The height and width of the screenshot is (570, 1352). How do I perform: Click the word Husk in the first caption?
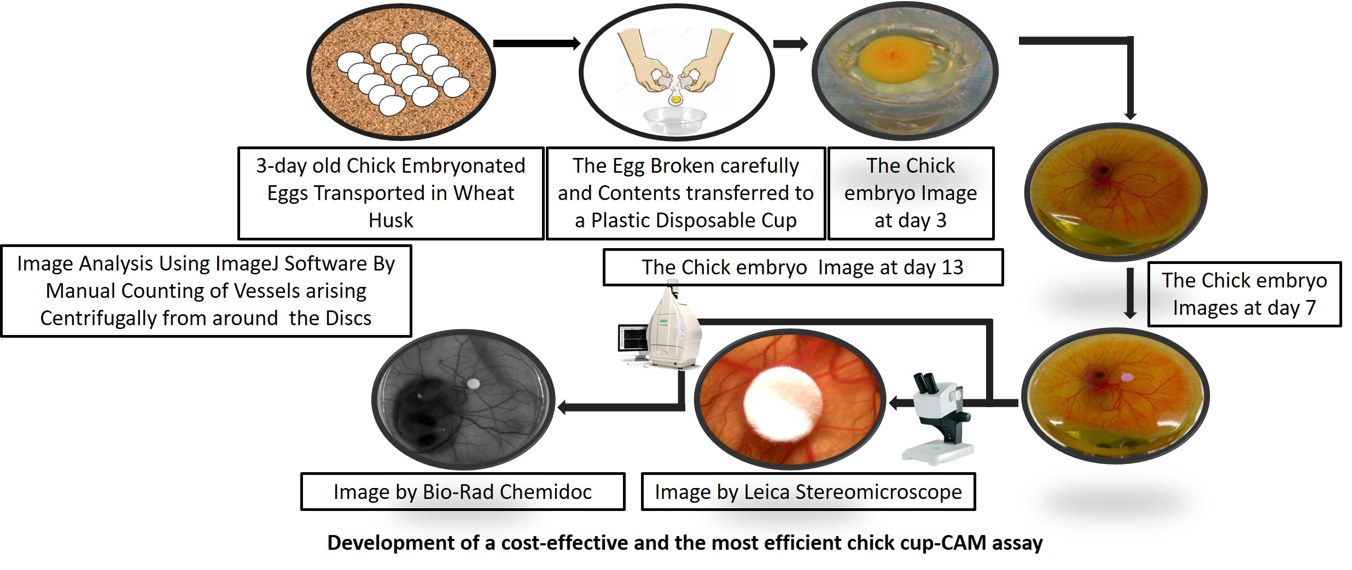click(x=391, y=220)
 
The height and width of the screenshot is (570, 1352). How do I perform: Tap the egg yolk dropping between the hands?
click(x=676, y=99)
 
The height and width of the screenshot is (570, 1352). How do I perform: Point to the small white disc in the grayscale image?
click(x=474, y=384)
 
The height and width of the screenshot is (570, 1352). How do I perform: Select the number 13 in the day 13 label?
click(x=952, y=267)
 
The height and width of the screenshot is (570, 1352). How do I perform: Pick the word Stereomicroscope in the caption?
click(x=878, y=492)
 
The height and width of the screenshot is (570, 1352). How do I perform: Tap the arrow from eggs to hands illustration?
click(x=537, y=43)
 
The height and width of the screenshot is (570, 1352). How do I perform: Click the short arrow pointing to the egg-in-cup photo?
click(x=790, y=44)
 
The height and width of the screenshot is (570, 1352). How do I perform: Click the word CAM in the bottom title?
click(x=966, y=543)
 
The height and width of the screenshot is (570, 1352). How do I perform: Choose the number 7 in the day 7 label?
click(x=1310, y=308)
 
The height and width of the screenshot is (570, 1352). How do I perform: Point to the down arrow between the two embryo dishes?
click(x=1130, y=293)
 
